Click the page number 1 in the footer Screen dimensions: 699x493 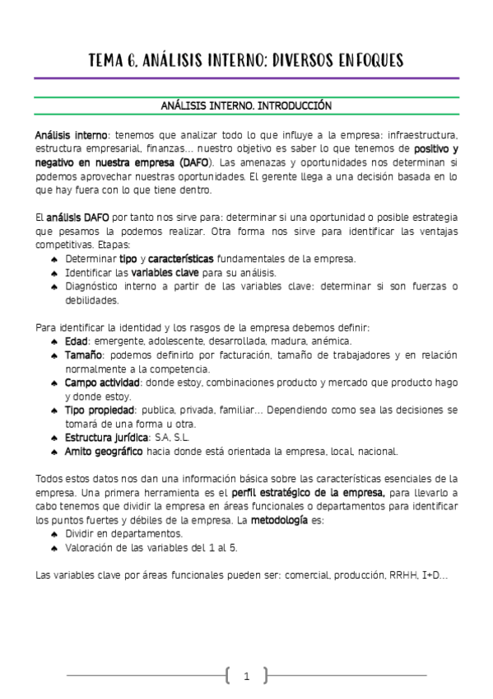[x=246, y=677]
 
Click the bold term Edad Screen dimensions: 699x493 [x=77, y=341]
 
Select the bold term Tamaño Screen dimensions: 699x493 [x=83, y=355]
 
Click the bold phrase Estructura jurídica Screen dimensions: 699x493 [x=107, y=437]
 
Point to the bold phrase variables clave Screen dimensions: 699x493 [x=162, y=272]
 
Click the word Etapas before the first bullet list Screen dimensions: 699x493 [x=114, y=245]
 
